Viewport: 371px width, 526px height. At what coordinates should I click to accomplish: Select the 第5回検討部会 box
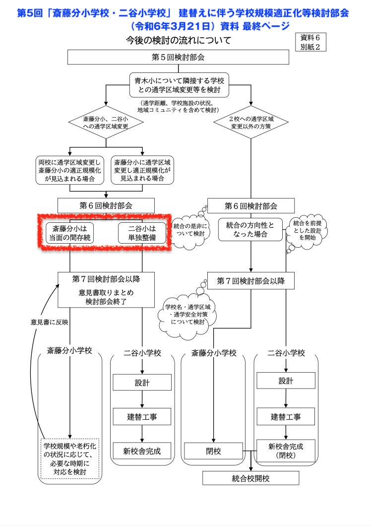pos(178,57)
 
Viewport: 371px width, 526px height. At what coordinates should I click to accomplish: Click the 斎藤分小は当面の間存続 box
pos(70,233)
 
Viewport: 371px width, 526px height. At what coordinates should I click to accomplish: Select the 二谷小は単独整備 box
pos(142,233)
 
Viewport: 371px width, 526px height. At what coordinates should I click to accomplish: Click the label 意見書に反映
pos(49,322)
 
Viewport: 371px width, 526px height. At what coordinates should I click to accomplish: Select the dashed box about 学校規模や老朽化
pos(70,458)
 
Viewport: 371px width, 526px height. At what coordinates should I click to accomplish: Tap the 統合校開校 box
pos(251,478)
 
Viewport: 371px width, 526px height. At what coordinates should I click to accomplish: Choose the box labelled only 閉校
pos(214,451)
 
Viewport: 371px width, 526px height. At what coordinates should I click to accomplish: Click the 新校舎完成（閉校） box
pos(285,450)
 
